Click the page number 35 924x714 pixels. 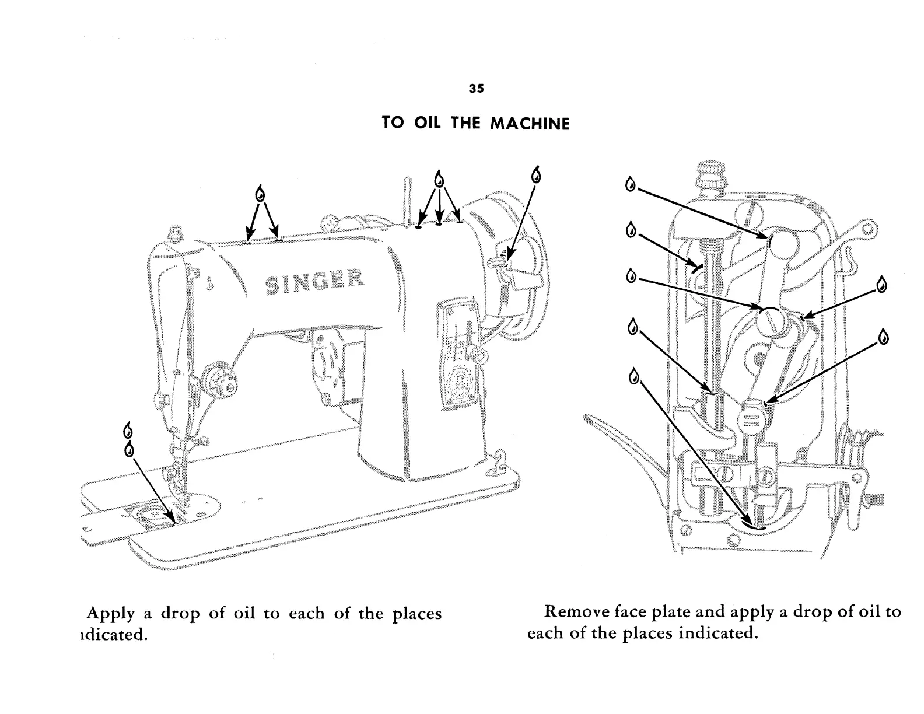coord(476,89)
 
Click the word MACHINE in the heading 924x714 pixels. coord(530,124)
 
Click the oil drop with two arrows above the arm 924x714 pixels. coord(261,193)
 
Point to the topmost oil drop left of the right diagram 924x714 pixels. coord(630,184)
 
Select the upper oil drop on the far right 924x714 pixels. coord(882,285)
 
